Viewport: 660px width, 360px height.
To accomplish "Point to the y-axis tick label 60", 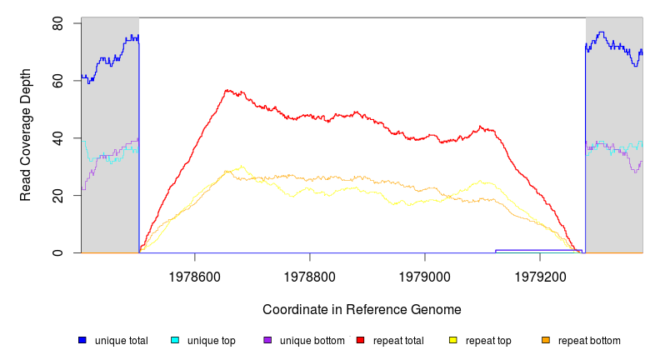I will [x=57, y=81].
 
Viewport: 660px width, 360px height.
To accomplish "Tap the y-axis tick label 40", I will [x=57, y=138].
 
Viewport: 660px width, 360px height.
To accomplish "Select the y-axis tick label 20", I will [x=57, y=195].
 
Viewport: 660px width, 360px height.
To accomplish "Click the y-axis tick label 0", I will [x=57, y=252].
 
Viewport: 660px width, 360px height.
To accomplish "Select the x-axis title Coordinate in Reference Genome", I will [x=362, y=309].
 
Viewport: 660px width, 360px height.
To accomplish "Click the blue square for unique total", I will [x=82, y=341].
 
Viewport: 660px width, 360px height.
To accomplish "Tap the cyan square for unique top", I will [x=175, y=341].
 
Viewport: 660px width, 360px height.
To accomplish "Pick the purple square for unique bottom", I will [x=267, y=341].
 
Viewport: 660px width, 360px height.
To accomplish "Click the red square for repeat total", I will [x=360, y=341].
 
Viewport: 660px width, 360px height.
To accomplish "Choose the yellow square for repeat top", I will [x=453, y=341].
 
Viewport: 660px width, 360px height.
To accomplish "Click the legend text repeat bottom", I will [x=589, y=341].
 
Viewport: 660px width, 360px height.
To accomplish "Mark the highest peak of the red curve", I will [x=226, y=90].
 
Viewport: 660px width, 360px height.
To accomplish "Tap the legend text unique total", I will [x=122, y=341].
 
